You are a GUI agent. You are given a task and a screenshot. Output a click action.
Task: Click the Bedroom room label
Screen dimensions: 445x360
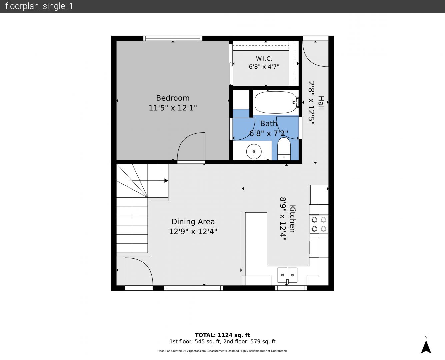173,98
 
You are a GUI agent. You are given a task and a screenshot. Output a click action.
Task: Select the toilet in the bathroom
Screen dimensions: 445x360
284,149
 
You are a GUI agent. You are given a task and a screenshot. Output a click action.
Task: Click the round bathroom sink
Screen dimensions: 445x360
254,152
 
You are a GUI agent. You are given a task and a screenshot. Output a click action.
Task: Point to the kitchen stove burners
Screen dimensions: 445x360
319,224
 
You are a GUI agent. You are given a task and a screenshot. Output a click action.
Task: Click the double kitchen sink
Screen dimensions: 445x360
287,275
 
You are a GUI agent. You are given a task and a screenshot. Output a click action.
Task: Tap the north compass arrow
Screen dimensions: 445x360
426,347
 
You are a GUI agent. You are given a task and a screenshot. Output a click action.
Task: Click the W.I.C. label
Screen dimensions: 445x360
264,59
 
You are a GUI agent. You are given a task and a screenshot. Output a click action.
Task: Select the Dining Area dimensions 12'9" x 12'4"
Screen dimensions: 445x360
193,232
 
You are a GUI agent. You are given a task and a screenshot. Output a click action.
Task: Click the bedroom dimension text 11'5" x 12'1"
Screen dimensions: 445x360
173,108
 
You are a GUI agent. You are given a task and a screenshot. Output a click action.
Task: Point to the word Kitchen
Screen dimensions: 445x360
292,219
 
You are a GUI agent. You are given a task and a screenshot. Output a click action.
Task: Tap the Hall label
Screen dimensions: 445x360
321,103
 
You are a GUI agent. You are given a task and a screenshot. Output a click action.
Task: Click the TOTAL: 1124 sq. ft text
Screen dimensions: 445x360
222,335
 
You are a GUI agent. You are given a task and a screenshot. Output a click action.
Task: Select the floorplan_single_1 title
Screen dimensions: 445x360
39,6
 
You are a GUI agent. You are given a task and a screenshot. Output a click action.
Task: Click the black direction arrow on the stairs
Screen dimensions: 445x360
166,181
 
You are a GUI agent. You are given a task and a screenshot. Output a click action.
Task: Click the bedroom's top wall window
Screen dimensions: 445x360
173,38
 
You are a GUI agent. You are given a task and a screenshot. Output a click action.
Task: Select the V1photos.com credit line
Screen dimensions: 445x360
222,351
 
